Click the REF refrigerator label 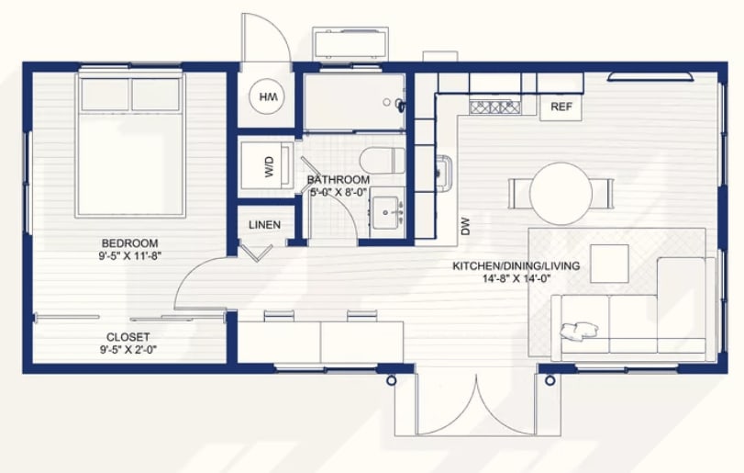tap(561, 107)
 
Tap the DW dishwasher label tap(465, 226)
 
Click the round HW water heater tap(267, 96)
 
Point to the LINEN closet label tap(264, 225)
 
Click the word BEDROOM tap(129, 243)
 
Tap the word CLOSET tap(128, 337)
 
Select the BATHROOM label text tap(339, 180)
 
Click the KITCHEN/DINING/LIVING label tap(516, 266)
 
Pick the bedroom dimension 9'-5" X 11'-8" tap(130, 256)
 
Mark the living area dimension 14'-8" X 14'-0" tap(516, 279)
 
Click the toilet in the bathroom tap(382, 161)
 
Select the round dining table tap(561, 193)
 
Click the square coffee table tap(609, 264)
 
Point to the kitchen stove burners tap(494, 107)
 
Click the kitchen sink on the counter tap(445, 174)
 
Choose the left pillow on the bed tap(105, 95)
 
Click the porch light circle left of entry tap(391, 380)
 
